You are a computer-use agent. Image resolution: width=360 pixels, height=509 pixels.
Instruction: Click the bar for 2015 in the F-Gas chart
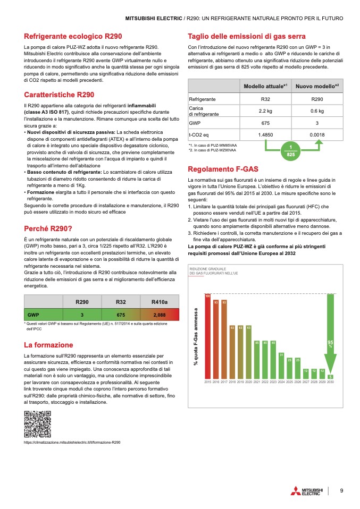(208, 336)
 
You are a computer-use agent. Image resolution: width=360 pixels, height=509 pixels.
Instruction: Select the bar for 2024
(281, 366)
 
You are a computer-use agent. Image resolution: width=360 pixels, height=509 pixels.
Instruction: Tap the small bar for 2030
(330, 377)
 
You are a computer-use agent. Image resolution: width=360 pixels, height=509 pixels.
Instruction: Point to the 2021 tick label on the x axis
(257, 382)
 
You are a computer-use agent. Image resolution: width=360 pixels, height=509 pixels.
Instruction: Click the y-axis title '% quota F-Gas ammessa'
(196, 337)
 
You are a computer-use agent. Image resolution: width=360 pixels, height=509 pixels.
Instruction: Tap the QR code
(37, 424)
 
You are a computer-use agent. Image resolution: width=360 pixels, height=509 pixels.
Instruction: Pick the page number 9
(342, 490)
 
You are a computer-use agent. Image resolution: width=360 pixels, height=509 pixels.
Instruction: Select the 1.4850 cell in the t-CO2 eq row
(265, 135)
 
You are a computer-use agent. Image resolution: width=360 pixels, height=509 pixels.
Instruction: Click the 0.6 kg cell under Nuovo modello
(317, 111)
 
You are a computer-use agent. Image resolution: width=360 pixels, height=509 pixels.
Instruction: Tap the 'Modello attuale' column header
(265, 86)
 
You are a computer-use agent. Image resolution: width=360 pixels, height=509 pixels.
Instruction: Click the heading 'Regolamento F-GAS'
(223, 169)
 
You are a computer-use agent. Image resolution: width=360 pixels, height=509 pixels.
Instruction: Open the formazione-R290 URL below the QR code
(72, 442)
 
